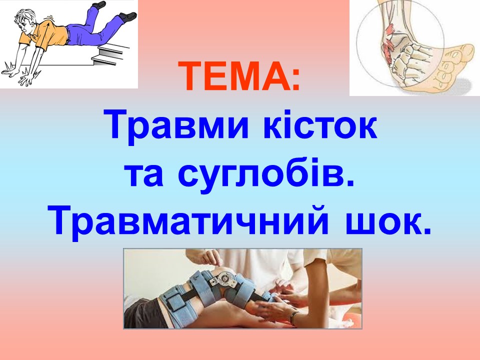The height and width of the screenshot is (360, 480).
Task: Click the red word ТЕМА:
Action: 239,76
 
